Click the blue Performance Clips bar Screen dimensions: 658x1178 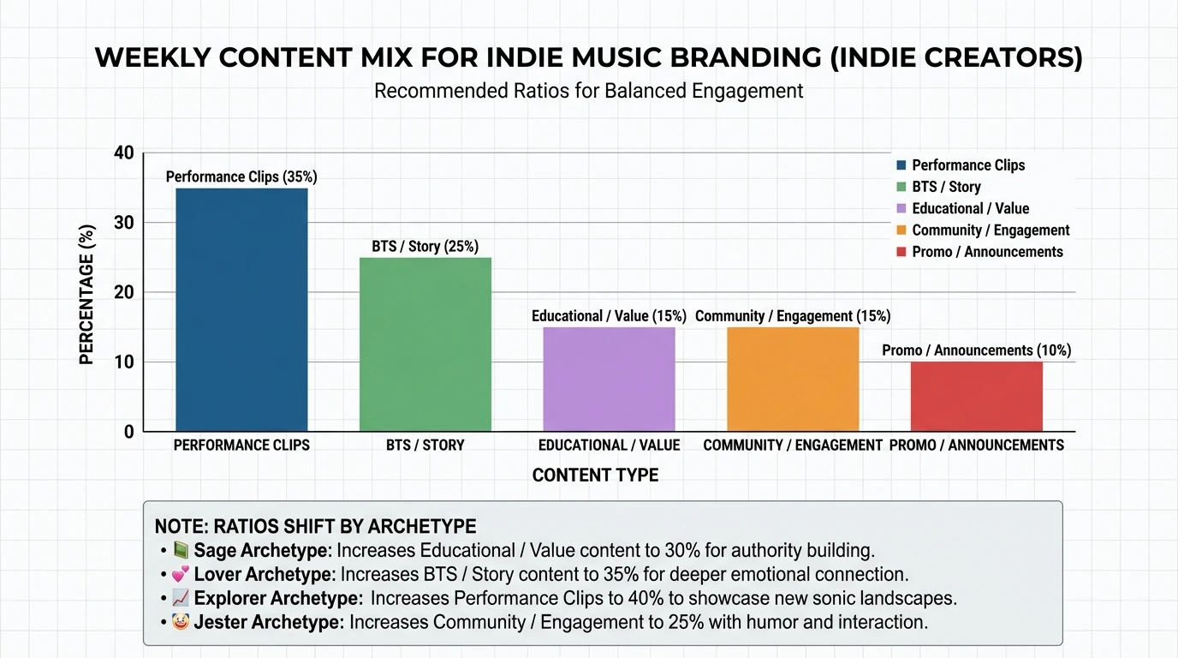(x=241, y=309)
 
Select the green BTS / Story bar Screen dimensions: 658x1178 (x=425, y=344)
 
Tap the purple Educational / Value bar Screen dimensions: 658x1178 (x=609, y=379)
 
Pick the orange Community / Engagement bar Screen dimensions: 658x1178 (x=793, y=379)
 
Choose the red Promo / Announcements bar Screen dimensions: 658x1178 (x=976, y=397)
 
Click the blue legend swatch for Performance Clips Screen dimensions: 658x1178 (x=901, y=165)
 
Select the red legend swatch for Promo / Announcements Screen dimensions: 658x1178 (x=901, y=252)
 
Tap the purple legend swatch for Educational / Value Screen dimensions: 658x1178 (x=901, y=208)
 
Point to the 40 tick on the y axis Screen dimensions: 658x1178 (x=124, y=153)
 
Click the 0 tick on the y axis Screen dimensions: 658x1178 (x=128, y=432)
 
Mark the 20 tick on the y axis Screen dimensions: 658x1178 (x=124, y=292)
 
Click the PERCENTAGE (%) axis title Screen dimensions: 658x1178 (x=86, y=295)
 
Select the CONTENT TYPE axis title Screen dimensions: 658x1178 (x=595, y=476)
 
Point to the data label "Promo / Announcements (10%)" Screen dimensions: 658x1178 (x=976, y=350)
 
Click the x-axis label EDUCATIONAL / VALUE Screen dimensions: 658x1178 (x=609, y=446)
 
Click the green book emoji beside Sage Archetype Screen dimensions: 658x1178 (x=181, y=551)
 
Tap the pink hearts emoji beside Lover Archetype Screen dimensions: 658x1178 (x=181, y=575)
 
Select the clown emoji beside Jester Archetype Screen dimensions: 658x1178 (x=181, y=623)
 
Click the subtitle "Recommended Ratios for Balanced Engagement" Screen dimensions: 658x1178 (x=589, y=91)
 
